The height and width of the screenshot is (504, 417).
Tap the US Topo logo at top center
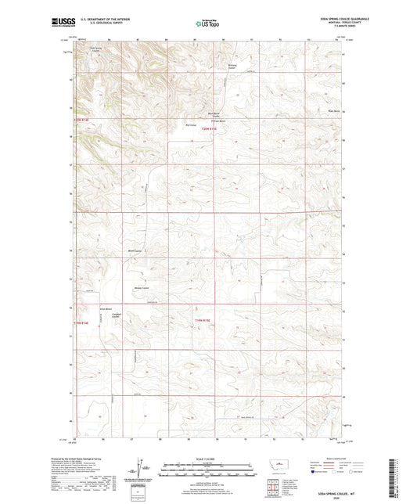(x=207, y=24)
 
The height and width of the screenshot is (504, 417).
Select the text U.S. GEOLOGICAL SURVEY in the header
(x=99, y=25)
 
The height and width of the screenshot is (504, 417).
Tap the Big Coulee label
(x=189, y=123)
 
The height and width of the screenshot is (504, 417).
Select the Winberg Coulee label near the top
(x=231, y=66)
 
